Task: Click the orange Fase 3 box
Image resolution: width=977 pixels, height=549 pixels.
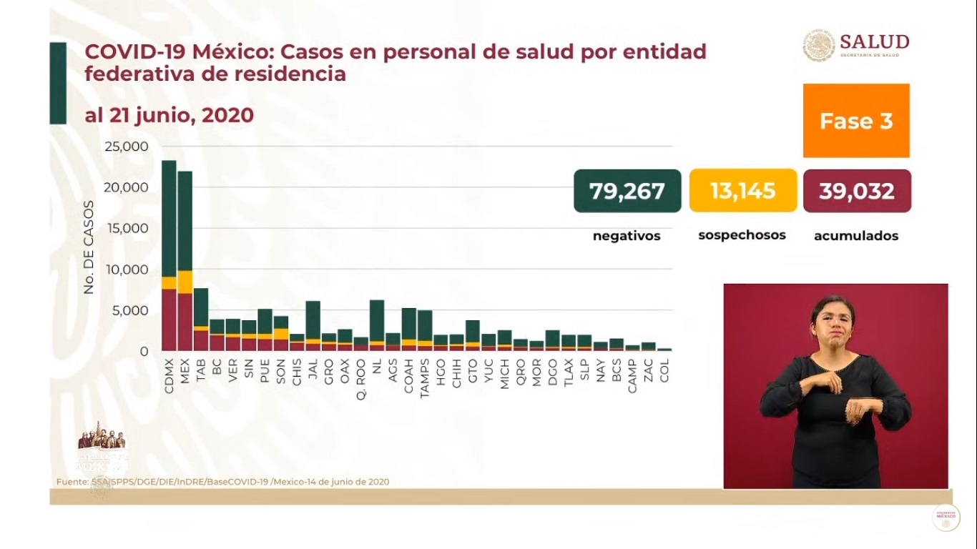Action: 856,121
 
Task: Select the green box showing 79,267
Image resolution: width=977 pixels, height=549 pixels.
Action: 627,191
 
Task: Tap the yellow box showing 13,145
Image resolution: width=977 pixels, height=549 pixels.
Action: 742,191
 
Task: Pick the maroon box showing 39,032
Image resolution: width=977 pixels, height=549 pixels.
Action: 857,191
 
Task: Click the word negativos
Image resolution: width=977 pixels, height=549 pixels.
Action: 627,236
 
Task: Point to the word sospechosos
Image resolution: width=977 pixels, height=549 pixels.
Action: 742,235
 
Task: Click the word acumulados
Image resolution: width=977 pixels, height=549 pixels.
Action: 856,236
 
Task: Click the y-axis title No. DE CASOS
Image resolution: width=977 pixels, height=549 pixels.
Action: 89,247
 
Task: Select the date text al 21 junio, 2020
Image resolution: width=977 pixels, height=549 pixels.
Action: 169,115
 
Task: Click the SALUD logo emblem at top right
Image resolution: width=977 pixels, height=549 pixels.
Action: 819,45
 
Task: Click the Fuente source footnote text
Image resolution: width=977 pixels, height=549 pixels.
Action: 223,482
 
